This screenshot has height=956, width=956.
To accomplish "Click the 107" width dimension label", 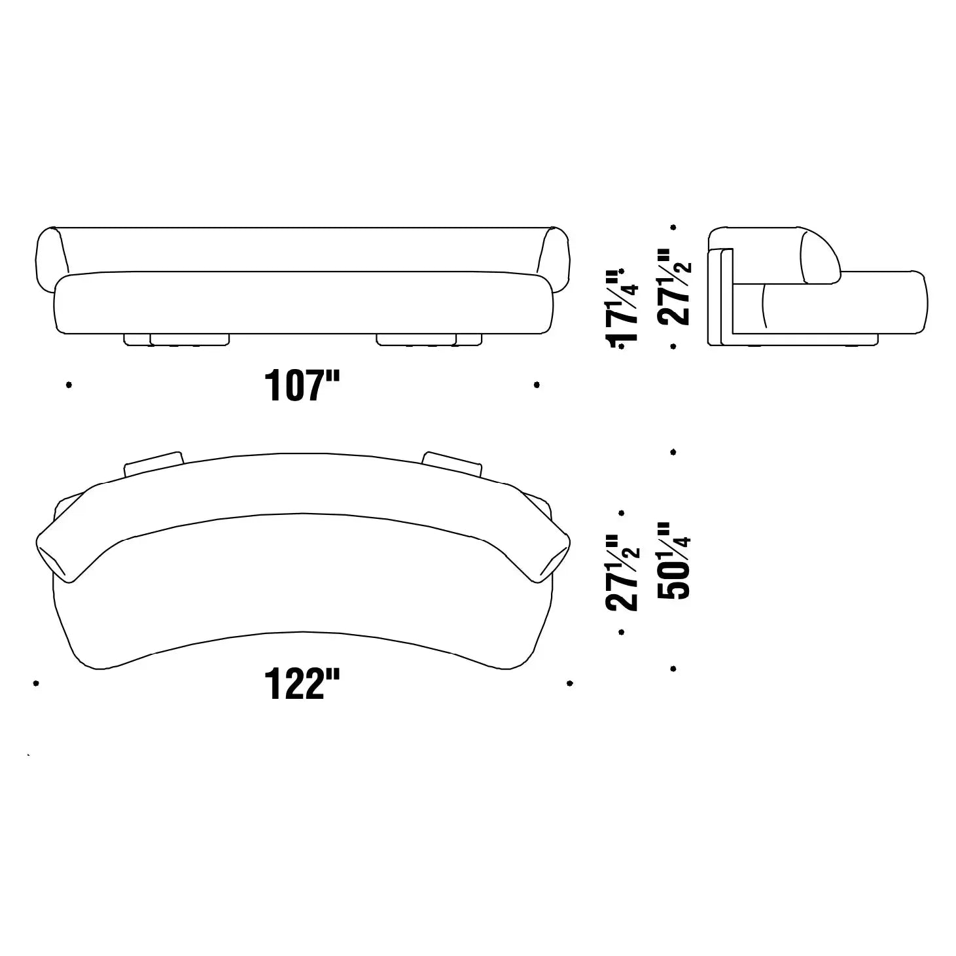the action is tap(302, 385).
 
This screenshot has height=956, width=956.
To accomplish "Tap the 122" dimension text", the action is tap(302, 684).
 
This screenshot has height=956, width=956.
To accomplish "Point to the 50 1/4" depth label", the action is tap(673, 561).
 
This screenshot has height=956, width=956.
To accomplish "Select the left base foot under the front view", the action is tap(177, 340).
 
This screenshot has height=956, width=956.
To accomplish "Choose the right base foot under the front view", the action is tap(429, 340).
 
